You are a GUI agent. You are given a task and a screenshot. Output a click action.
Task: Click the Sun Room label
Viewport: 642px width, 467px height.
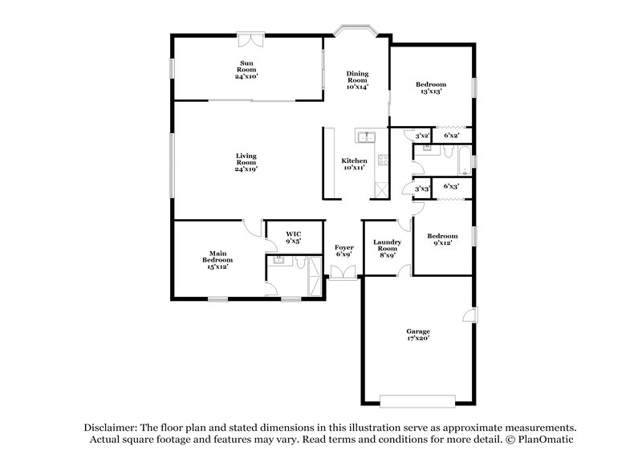tap(246, 69)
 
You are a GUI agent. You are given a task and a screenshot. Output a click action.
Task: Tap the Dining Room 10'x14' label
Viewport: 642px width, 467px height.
tap(357, 80)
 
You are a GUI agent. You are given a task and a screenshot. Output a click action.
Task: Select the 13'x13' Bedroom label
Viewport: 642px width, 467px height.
tap(431, 88)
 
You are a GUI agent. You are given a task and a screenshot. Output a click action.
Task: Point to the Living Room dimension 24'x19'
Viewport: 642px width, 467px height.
tap(246, 169)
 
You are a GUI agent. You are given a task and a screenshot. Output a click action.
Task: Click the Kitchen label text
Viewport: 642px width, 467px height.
tap(354, 164)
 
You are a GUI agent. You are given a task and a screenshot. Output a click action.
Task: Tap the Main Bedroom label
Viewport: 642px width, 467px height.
tap(217, 260)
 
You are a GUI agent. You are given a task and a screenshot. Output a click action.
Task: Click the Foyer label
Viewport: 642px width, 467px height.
tap(344, 252)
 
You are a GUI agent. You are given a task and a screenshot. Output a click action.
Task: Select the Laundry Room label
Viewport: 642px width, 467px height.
tap(388, 249)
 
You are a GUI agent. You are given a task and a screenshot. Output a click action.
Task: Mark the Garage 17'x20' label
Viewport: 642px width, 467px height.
tap(417, 335)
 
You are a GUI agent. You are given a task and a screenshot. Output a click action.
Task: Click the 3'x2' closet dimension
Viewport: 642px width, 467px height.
tap(422, 136)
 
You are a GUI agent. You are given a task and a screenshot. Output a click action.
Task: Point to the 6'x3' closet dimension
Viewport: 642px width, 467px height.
tap(452, 186)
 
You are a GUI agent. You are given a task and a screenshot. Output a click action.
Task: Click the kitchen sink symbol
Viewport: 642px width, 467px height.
tap(367, 136)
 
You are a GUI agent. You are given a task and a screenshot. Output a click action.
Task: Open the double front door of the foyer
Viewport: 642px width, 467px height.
tap(344, 276)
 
